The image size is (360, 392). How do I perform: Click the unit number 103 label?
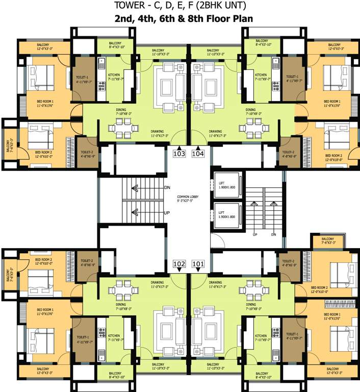point(179,153)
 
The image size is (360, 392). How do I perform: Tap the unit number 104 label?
point(198,153)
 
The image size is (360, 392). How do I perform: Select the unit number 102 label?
point(179,264)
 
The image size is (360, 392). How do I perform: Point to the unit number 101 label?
point(198,264)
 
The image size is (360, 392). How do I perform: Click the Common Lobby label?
point(188,199)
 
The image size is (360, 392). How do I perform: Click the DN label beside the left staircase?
point(167,188)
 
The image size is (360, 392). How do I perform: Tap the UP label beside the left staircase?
point(167,212)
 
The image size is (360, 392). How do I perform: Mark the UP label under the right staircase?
point(254,235)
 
